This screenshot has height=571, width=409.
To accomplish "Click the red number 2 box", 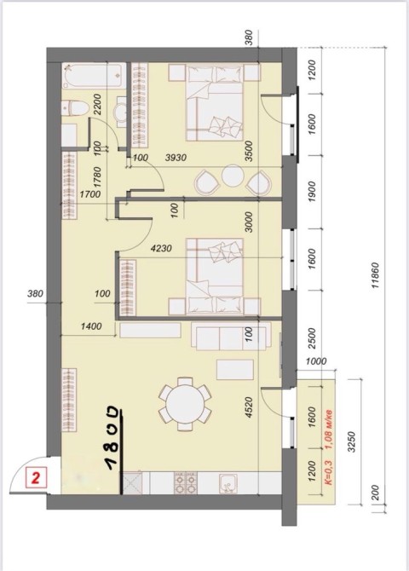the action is tap(36, 478).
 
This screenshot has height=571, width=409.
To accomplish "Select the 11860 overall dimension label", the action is tap(376, 275).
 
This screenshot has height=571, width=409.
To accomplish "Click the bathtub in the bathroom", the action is tap(94, 76).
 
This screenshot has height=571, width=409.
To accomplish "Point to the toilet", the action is tap(75, 108).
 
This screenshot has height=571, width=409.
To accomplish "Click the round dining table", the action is tap(185, 404).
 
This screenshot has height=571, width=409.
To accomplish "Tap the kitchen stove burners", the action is tap(186, 483).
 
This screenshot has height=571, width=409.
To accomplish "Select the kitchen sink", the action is tap(228, 483).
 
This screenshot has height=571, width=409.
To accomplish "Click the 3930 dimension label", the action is tap(176, 158).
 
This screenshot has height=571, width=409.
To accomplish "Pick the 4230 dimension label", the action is tap(161, 249).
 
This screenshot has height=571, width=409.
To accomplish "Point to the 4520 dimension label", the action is tap(249, 407).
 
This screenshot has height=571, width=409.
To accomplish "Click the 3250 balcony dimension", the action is tap(351, 441).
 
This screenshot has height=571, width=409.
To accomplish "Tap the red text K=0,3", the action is tap(328, 472).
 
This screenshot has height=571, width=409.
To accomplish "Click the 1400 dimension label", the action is tap(91, 326).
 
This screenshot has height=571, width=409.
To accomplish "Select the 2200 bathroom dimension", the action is tap(98, 105).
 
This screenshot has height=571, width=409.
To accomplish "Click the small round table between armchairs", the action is tap(233, 176).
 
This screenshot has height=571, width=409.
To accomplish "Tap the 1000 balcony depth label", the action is tap(316, 361).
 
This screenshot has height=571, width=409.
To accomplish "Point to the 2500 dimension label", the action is tap(312, 338).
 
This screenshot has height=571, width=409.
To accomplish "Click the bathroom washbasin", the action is tap(121, 112).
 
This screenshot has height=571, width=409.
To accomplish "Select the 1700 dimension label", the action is tap(90, 194).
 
